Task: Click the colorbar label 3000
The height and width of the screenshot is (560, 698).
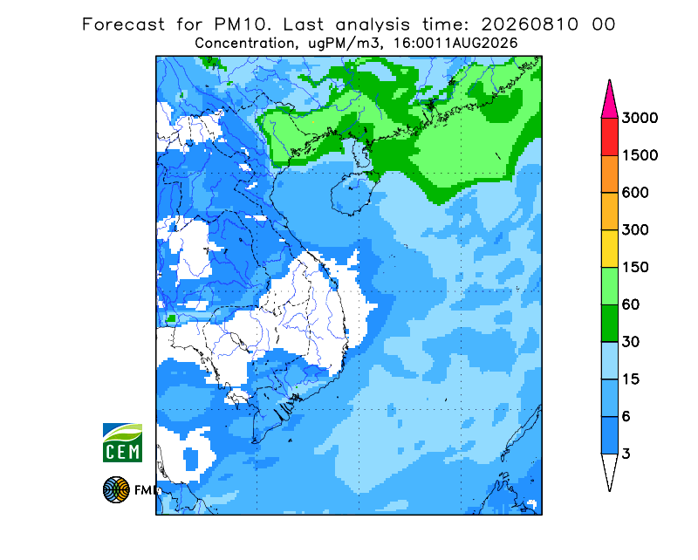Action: click(640, 118)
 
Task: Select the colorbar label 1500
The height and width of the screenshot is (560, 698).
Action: click(640, 155)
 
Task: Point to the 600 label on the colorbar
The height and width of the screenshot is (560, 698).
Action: click(635, 193)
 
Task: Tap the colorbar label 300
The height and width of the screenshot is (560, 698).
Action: click(635, 230)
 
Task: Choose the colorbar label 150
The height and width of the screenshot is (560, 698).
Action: click(635, 268)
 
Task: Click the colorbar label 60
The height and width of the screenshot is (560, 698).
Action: click(631, 305)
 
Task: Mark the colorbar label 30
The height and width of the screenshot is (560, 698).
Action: click(631, 342)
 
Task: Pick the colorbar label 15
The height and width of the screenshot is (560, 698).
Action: click(631, 379)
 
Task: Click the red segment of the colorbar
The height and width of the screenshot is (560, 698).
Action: click(609, 137)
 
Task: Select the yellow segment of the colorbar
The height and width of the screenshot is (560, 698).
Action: click(609, 249)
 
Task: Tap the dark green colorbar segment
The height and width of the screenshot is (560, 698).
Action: click(609, 324)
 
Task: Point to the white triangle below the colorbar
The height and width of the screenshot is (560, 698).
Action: click(609, 468)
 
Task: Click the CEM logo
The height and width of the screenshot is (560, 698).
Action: click(122, 442)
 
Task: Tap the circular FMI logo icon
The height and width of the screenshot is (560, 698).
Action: click(116, 489)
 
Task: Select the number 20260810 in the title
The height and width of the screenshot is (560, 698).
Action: click(530, 24)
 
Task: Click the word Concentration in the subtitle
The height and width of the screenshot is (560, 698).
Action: click(244, 44)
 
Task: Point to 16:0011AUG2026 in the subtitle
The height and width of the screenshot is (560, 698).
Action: click(455, 44)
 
